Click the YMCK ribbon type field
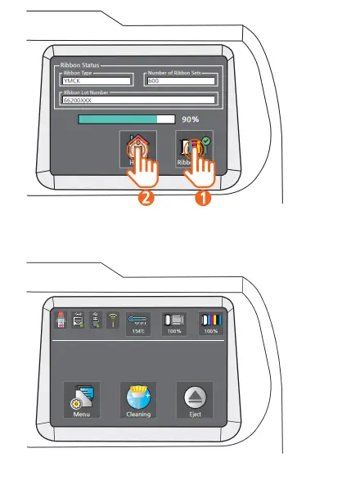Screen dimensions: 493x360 97,81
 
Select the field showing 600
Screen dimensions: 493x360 181,81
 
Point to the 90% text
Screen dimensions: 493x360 191,119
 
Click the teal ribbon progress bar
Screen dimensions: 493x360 126,119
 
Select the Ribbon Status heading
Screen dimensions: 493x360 78,63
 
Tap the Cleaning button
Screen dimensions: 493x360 137,400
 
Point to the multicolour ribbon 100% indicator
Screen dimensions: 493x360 211,323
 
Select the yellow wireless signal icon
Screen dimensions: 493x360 113,321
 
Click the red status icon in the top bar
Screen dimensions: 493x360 59,321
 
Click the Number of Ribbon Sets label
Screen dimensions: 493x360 181,73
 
